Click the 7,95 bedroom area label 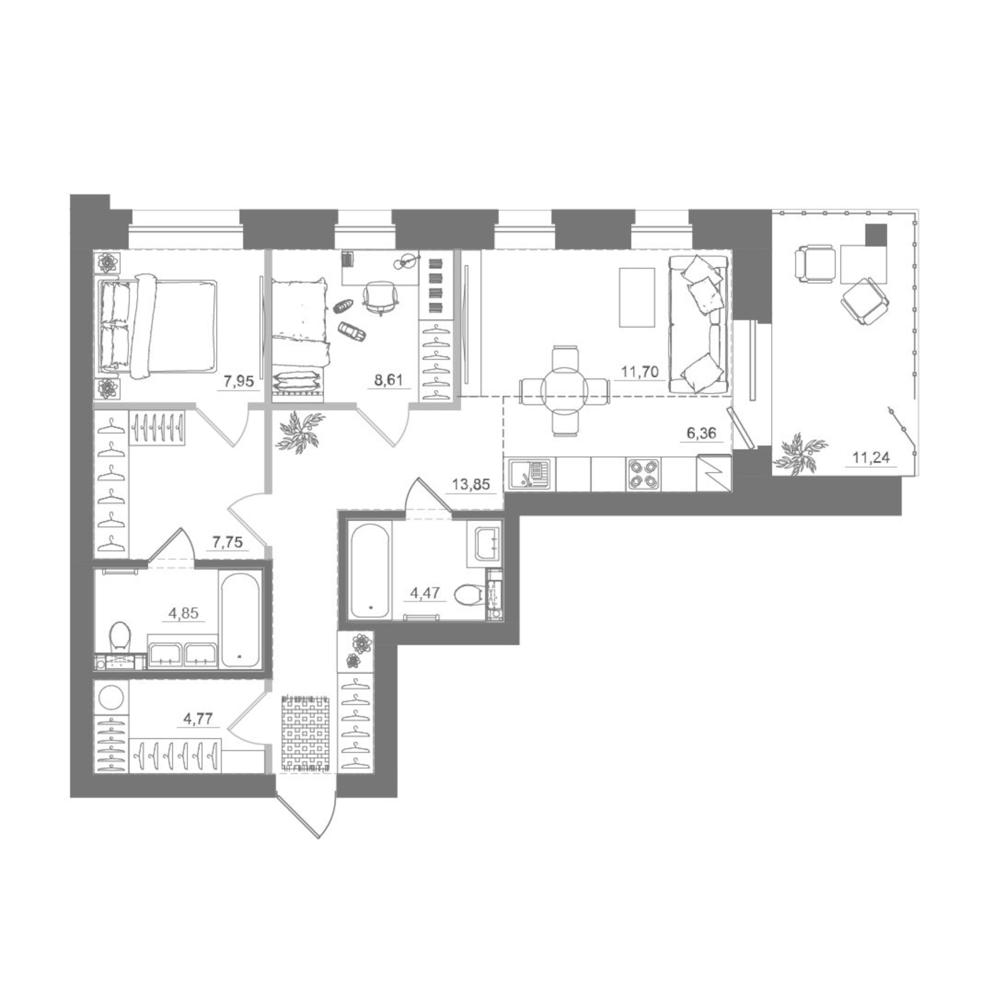tap(236, 381)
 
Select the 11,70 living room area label tap(639, 372)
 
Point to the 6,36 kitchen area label tap(701, 433)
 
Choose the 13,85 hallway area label tap(470, 484)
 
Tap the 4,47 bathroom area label tap(425, 593)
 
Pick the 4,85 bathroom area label tap(183, 612)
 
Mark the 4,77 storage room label tap(198, 718)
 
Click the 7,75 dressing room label tap(227, 542)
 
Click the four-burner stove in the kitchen tap(643, 474)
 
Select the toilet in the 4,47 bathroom tap(467, 595)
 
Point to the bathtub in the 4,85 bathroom tap(240, 620)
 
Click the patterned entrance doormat tap(306, 733)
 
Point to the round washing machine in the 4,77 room tap(110, 697)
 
